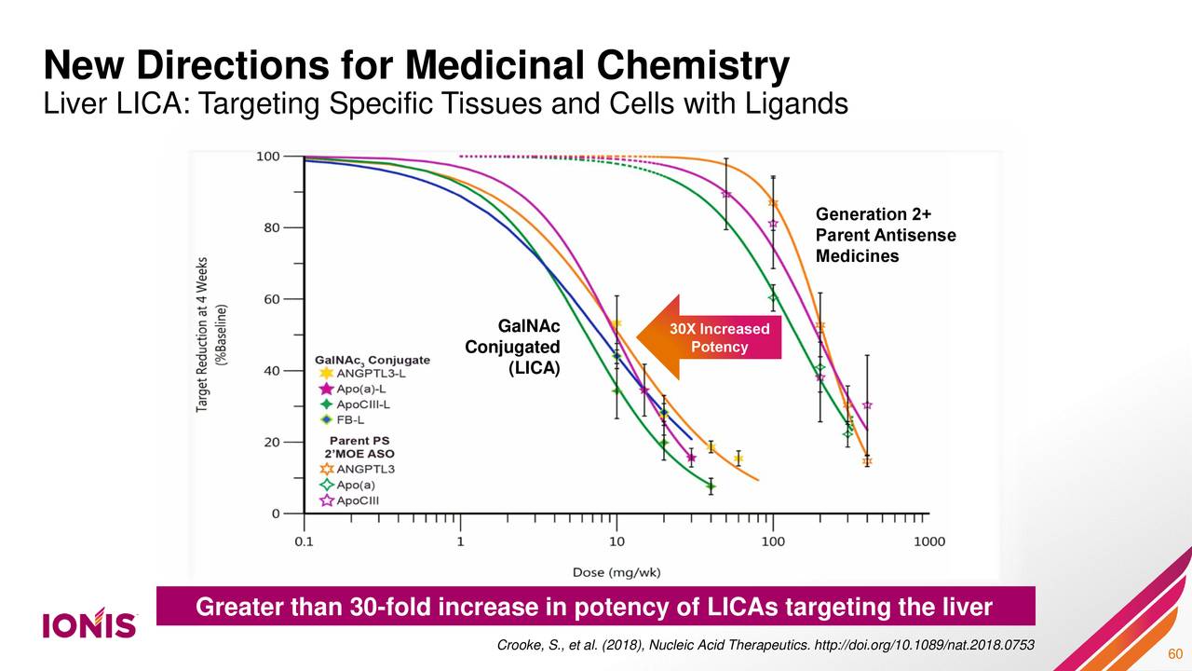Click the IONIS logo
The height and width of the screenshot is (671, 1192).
click(89, 624)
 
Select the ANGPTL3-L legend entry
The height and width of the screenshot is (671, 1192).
click(358, 373)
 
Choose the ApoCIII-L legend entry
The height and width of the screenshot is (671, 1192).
click(356, 404)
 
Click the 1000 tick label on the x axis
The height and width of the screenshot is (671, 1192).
click(929, 541)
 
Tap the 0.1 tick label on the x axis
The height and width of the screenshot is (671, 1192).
click(304, 541)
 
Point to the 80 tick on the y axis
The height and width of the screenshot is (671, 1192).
click(268, 227)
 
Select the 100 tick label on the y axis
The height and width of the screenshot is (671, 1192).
click(267, 157)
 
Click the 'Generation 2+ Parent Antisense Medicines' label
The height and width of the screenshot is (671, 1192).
click(885, 235)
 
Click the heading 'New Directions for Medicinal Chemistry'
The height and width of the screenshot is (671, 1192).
click(416, 66)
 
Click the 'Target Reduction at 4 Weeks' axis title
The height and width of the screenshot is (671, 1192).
click(202, 335)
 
